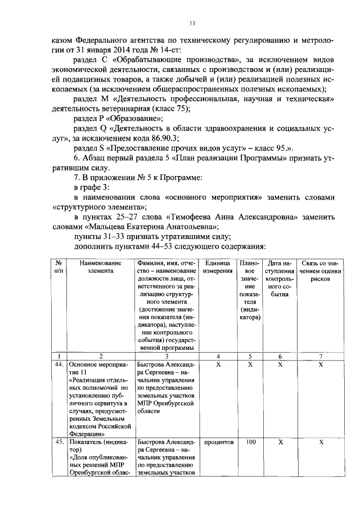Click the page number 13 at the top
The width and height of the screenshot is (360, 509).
click(x=192, y=23)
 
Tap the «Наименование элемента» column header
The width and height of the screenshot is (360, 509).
click(x=100, y=267)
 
